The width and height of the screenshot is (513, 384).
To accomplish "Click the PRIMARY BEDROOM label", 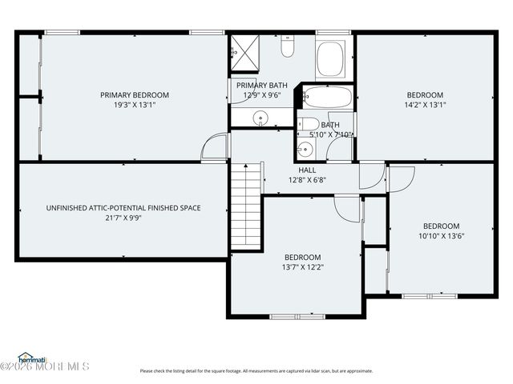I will [x=134, y=95].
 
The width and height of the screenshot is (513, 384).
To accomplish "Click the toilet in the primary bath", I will [x=287, y=49].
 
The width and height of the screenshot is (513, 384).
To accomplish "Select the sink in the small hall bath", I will [x=305, y=149].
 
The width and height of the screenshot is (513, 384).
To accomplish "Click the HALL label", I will [x=307, y=170].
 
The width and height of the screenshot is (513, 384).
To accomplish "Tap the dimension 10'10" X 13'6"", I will [x=441, y=236].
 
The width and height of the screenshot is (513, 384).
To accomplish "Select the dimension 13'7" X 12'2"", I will [x=302, y=267].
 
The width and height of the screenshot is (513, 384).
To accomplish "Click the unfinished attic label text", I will [x=123, y=208].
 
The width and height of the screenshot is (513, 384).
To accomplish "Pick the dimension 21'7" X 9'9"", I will [x=123, y=218].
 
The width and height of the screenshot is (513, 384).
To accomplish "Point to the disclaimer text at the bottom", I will [x=256, y=370].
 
